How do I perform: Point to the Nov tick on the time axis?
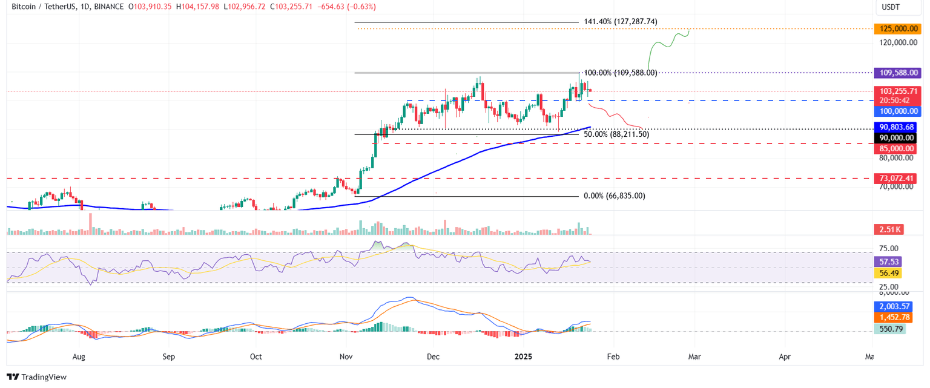[x=346, y=357]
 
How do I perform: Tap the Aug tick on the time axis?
[x=79, y=357]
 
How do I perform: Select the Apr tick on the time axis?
[x=785, y=357]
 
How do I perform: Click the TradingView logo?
[x=37, y=376]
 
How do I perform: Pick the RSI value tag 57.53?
[x=888, y=261]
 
